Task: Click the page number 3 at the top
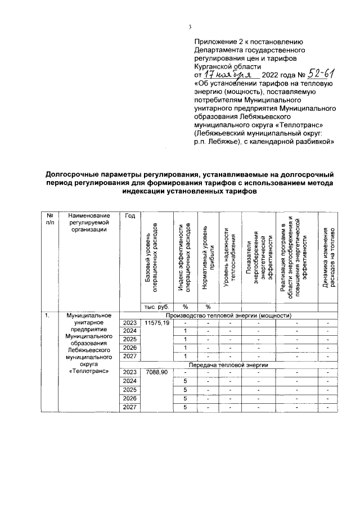coord(190,28)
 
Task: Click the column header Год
coord(130,216)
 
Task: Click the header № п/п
coord(51,220)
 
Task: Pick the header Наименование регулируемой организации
coord(88,224)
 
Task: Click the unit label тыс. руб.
coord(157,307)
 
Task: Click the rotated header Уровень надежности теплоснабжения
coord(228,256)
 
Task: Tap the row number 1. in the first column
coord(49,316)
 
